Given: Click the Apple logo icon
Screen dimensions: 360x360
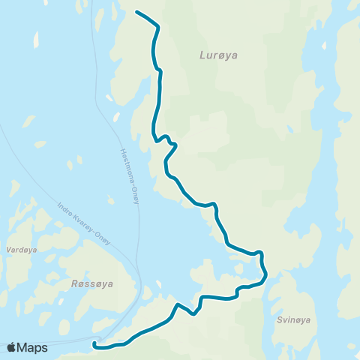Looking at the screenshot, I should pos(12,347).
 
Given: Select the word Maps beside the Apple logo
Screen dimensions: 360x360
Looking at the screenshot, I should pos(32,347).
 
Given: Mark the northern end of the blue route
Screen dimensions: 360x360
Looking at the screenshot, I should pos(136,11).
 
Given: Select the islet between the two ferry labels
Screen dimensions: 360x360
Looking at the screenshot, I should pos(110,199).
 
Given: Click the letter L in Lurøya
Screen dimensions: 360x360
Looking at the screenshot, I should pos(202,55).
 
